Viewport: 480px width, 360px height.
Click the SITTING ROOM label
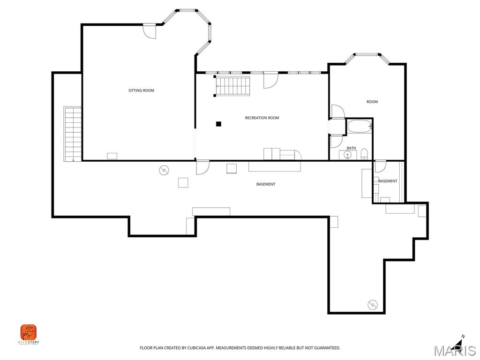(141, 90)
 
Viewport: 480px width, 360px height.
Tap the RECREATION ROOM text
(262, 118)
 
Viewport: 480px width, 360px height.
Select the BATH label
(351, 148)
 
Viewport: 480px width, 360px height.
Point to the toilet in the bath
(364, 154)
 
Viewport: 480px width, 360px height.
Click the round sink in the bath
(348, 154)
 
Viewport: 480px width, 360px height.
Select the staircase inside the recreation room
(233, 86)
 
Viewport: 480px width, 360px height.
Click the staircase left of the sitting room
(73, 134)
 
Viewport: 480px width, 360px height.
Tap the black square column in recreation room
(218, 124)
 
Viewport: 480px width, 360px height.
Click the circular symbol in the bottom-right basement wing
(373, 304)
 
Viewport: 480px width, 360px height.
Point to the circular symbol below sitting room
(164, 170)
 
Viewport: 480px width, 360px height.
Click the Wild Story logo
(29, 333)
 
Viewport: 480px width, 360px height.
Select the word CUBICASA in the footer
(193, 348)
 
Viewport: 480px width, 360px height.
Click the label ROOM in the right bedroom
(372, 102)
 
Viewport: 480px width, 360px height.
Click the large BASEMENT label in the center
(266, 184)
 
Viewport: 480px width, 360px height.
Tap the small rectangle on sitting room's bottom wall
(112, 156)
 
